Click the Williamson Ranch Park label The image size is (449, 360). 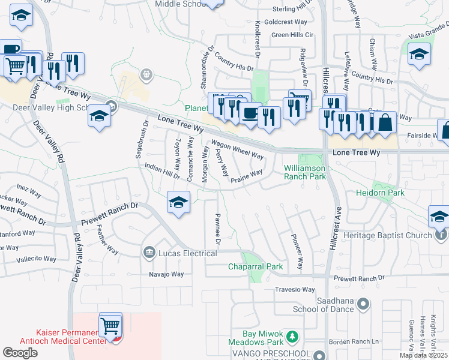coord(304,173)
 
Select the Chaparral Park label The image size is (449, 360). coord(255,266)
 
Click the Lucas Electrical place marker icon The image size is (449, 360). coord(149,253)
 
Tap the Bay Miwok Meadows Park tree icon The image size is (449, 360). coord(292,335)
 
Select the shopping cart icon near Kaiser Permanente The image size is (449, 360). coord(110,326)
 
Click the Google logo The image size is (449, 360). coord(20,353)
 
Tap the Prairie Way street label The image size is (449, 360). coord(246,176)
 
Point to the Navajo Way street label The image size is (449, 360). coord(166,274)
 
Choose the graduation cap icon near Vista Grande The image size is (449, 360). coord(419,55)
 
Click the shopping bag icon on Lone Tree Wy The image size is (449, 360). coord(386,122)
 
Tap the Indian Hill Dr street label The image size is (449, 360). coord(162,172)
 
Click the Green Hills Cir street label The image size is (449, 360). coord(292,35)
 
